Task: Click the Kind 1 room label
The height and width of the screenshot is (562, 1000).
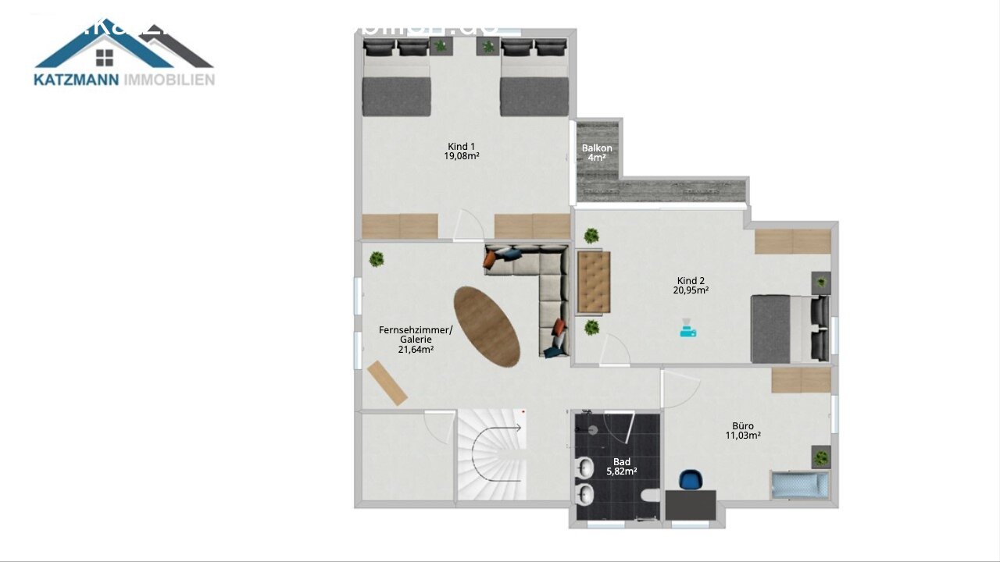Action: click(x=461, y=151)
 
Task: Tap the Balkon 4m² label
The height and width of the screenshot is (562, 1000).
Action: click(x=597, y=152)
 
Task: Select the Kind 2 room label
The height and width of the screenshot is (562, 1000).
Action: click(x=691, y=285)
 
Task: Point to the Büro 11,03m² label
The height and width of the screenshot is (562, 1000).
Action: click(x=743, y=431)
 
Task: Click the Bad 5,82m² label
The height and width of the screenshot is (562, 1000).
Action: click(x=622, y=467)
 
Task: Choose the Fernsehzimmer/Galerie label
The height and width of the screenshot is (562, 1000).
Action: click(x=416, y=340)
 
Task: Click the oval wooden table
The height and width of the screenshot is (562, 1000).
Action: click(x=487, y=326)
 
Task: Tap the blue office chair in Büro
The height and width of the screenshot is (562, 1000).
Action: click(x=691, y=478)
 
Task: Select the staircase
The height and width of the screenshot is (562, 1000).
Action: click(x=491, y=457)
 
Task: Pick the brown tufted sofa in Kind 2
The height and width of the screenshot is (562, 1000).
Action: click(x=593, y=282)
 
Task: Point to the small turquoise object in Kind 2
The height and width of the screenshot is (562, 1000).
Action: click(x=687, y=331)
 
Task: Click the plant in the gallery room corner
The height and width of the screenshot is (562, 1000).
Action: click(x=377, y=259)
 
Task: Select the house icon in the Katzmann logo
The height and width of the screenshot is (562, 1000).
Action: click(x=105, y=56)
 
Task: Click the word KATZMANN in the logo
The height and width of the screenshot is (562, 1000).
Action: click(x=77, y=80)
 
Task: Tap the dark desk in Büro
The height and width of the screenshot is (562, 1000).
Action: click(x=691, y=504)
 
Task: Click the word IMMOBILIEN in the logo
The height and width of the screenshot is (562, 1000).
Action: click(x=169, y=80)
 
